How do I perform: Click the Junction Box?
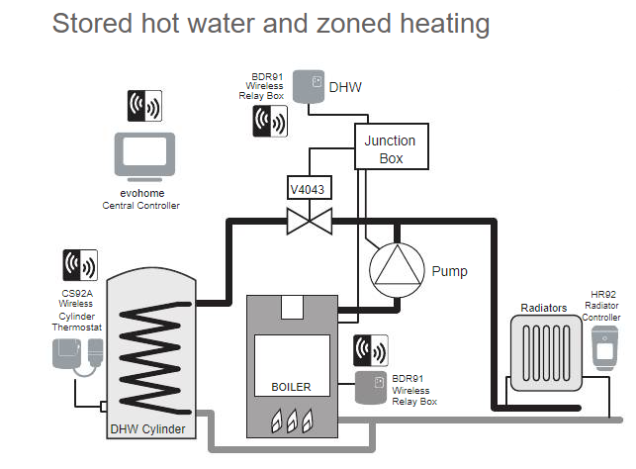(x=390, y=148)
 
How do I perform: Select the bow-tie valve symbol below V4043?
(x=307, y=219)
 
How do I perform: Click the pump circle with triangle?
(x=395, y=268)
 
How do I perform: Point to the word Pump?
(x=449, y=270)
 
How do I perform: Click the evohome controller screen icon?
(x=142, y=155)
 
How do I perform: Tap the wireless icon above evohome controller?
(x=143, y=105)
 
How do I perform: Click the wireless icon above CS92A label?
(x=80, y=265)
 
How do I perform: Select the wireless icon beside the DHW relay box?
(x=270, y=121)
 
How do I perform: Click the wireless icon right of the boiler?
(x=370, y=351)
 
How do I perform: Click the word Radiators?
(x=544, y=308)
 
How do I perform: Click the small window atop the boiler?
(x=291, y=308)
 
